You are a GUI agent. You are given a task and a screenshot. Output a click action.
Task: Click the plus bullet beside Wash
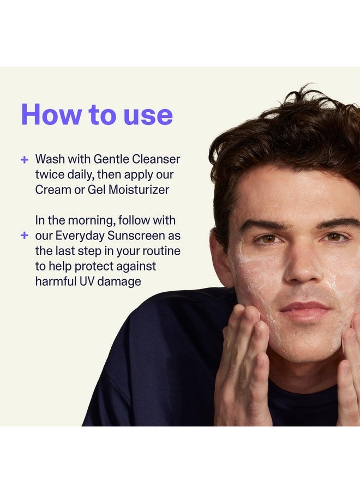24,160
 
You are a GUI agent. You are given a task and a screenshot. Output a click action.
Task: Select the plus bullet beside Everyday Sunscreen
24,236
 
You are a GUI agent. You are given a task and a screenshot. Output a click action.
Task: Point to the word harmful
55,281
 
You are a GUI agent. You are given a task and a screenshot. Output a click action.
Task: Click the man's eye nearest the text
268,238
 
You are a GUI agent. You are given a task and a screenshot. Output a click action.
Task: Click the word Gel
106,190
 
